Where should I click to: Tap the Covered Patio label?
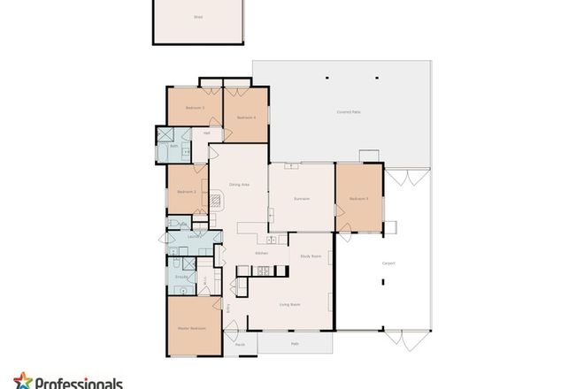(x=349, y=111)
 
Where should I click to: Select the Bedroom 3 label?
(x=195, y=108)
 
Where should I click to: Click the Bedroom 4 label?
(x=247, y=117)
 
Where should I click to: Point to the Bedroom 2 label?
(x=186, y=192)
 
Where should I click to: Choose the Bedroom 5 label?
(x=358, y=199)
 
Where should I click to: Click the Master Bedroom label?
(x=192, y=328)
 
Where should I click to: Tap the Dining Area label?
(x=239, y=184)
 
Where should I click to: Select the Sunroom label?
(x=302, y=199)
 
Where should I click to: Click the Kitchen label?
(x=262, y=253)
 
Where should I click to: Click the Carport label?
(x=388, y=263)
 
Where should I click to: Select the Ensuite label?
(x=180, y=277)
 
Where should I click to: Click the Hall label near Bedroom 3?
(x=207, y=133)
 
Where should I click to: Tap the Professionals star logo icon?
(x=22, y=380)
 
